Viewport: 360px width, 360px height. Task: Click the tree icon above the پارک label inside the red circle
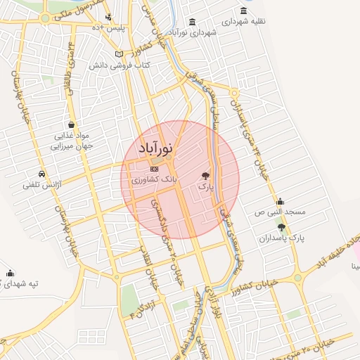205,176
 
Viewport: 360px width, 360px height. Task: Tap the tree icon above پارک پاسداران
282,227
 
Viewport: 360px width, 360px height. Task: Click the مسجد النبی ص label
280,212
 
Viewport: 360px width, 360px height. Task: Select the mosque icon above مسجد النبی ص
280,201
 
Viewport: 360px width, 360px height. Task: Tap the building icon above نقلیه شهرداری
243,11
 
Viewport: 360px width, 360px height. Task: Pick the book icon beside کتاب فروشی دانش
120,54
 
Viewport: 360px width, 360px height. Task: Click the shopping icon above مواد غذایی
71,124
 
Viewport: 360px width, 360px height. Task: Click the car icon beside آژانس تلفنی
42,174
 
